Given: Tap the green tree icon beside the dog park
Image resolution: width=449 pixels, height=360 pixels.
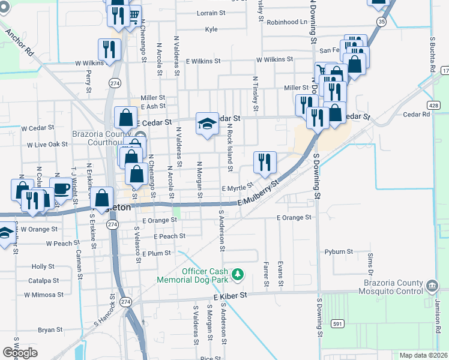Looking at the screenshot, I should (238, 274).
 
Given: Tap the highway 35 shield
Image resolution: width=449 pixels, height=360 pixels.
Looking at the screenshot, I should (382, 21).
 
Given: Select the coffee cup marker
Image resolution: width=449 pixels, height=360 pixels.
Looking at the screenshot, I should (61, 187).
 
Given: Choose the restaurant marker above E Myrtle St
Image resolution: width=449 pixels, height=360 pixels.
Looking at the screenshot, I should (265, 161).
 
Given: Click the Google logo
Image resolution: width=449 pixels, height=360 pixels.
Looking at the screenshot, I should (20, 353).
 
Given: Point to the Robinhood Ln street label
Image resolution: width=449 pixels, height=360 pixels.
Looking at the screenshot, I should (287, 22).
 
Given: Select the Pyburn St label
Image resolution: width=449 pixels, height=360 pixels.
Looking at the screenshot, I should (339, 252).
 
